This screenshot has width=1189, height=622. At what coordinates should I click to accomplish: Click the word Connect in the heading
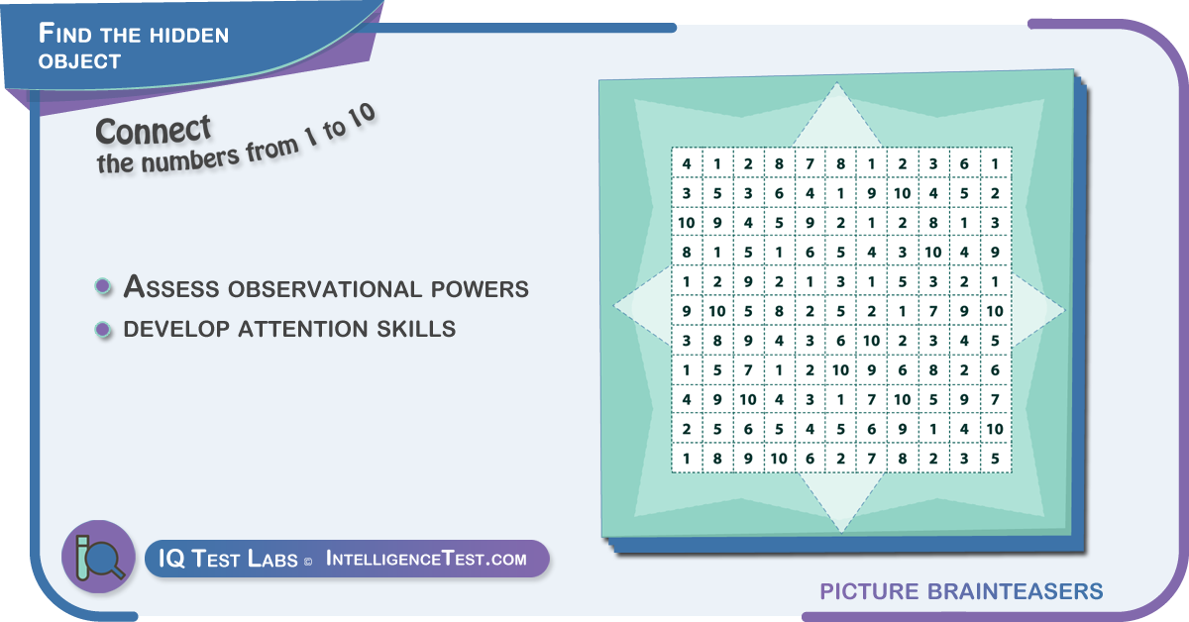coord(154,131)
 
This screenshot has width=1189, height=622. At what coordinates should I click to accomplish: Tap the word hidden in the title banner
coord(189,35)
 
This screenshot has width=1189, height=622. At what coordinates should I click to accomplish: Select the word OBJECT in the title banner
coord(79,61)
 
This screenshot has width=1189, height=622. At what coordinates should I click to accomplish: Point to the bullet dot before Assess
coord(103,286)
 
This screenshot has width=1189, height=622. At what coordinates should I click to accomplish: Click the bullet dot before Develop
coord(103,330)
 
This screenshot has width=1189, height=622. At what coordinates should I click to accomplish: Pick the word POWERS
coord(480,288)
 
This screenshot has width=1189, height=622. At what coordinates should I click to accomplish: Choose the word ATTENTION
coord(302,329)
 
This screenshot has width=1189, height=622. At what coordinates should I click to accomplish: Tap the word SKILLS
coord(416,329)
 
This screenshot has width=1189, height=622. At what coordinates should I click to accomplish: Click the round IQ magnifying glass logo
coord(99,557)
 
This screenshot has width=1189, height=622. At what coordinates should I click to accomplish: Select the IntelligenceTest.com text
coord(426,559)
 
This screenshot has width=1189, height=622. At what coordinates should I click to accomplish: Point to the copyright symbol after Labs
coord(308,562)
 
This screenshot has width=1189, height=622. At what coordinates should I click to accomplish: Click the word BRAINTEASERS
coord(1015,591)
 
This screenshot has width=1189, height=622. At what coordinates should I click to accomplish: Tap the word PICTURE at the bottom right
coord(870,591)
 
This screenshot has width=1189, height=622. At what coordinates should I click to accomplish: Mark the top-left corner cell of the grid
coord(687,163)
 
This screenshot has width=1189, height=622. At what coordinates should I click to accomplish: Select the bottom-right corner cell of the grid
coord(996,458)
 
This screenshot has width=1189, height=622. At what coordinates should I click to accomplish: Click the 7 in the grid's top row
coord(811,163)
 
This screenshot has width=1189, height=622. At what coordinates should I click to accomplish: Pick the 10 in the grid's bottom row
coord(779,458)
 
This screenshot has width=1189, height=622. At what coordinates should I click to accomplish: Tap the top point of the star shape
coord(837,83)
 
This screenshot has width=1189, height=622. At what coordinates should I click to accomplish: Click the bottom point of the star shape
coord(841,532)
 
